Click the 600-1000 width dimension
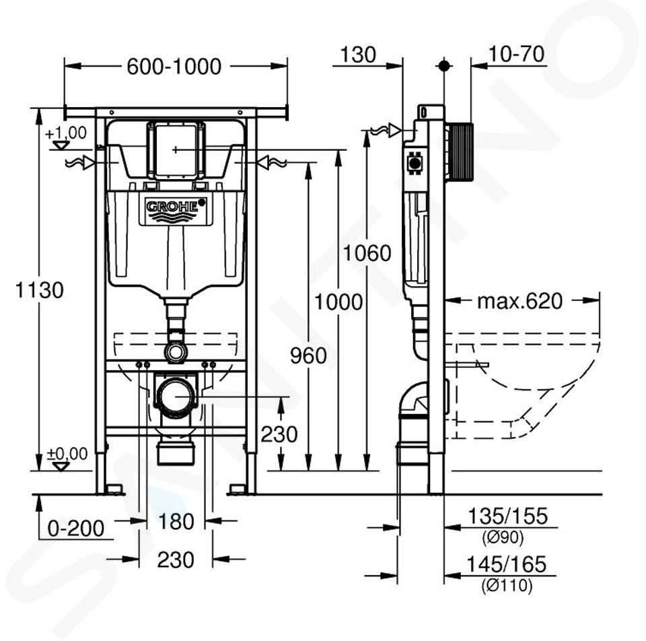click(x=174, y=67)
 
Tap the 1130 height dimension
click(x=40, y=291)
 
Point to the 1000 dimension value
click(x=338, y=302)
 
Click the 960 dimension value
click(x=308, y=356)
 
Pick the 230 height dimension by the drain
click(x=279, y=434)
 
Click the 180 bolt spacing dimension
click(x=176, y=521)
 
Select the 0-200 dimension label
click(x=76, y=529)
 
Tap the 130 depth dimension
click(x=358, y=55)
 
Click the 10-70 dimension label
click(x=517, y=55)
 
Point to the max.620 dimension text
click(x=519, y=301)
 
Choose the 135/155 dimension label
click(x=507, y=517)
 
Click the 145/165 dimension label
click(x=507, y=564)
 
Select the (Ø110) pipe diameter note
click(x=507, y=586)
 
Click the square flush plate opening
click(x=175, y=149)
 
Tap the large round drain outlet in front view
click(x=176, y=397)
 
